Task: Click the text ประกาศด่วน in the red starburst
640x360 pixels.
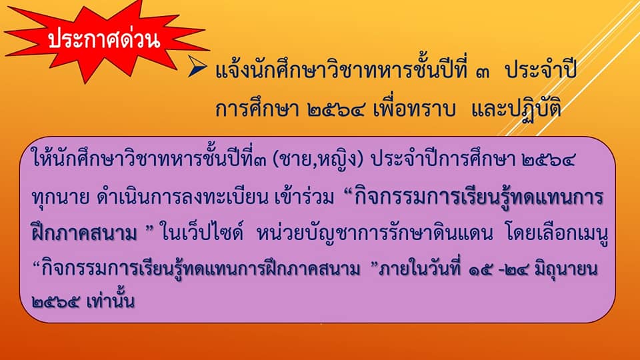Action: click(x=104, y=39)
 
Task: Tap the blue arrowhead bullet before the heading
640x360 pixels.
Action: click(x=197, y=66)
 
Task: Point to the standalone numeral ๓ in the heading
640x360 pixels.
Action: click(x=483, y=72)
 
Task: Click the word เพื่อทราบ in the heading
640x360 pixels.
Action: click(x=414, y=108)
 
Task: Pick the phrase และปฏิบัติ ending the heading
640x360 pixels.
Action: click(x=516, y=109)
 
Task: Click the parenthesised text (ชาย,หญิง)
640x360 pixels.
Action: click(x=317, y=159)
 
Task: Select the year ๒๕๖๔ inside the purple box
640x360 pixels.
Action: click(x=549, y=159)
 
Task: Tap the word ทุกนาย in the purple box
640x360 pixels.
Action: click(x=61, y=197)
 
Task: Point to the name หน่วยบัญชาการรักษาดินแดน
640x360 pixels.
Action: click(x=375, y=233)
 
